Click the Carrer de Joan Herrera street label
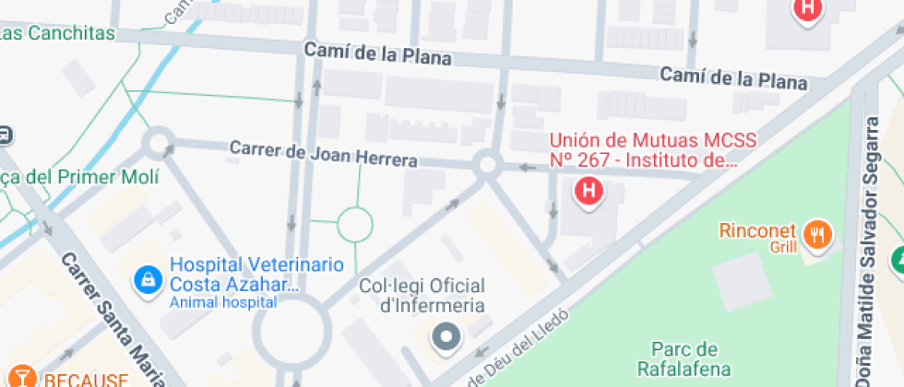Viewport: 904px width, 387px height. click(323, 154)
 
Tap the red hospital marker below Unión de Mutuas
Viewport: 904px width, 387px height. click(589, 192)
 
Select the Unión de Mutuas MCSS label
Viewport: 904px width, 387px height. click(652, 150)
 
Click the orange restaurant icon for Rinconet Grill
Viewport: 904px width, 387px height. click(816, 235)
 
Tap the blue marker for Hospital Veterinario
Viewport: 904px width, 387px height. click(147, 277)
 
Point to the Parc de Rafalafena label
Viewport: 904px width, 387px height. click(684, 358)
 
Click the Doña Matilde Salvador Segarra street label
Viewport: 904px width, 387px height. click(870, 249)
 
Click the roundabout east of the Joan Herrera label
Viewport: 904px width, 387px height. click(487, 166)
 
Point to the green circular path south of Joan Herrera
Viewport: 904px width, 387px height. click(354, 223)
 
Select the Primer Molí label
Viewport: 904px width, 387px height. click(65, 177)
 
